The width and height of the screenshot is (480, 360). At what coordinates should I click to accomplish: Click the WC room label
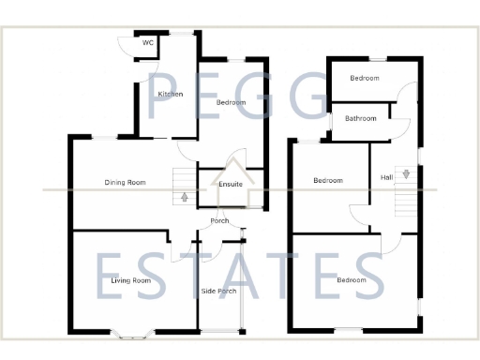(148, 43)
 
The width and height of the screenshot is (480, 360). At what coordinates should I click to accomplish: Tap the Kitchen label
(170, 94)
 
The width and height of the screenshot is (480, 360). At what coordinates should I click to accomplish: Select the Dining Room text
(125, 182)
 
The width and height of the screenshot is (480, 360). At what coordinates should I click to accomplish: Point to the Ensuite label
(231, 184)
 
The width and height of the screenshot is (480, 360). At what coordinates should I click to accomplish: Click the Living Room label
(131, 280)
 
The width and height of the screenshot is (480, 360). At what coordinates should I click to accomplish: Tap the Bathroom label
(361, 118)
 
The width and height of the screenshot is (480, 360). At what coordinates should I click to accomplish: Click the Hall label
(387, 177)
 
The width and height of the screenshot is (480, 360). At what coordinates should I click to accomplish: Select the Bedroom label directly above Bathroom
(365, 78)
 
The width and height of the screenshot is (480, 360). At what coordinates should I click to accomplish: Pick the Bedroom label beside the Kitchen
(231, 101)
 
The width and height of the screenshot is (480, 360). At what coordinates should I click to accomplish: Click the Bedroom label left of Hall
(328, 180)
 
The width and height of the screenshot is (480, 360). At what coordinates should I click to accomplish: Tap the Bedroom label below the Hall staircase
(352, 280)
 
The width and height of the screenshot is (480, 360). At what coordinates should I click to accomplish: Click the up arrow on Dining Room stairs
(184, 197)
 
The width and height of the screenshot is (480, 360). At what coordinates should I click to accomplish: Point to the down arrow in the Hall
(405, 173)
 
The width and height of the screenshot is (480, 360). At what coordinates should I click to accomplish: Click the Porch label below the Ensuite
(220, 221)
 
